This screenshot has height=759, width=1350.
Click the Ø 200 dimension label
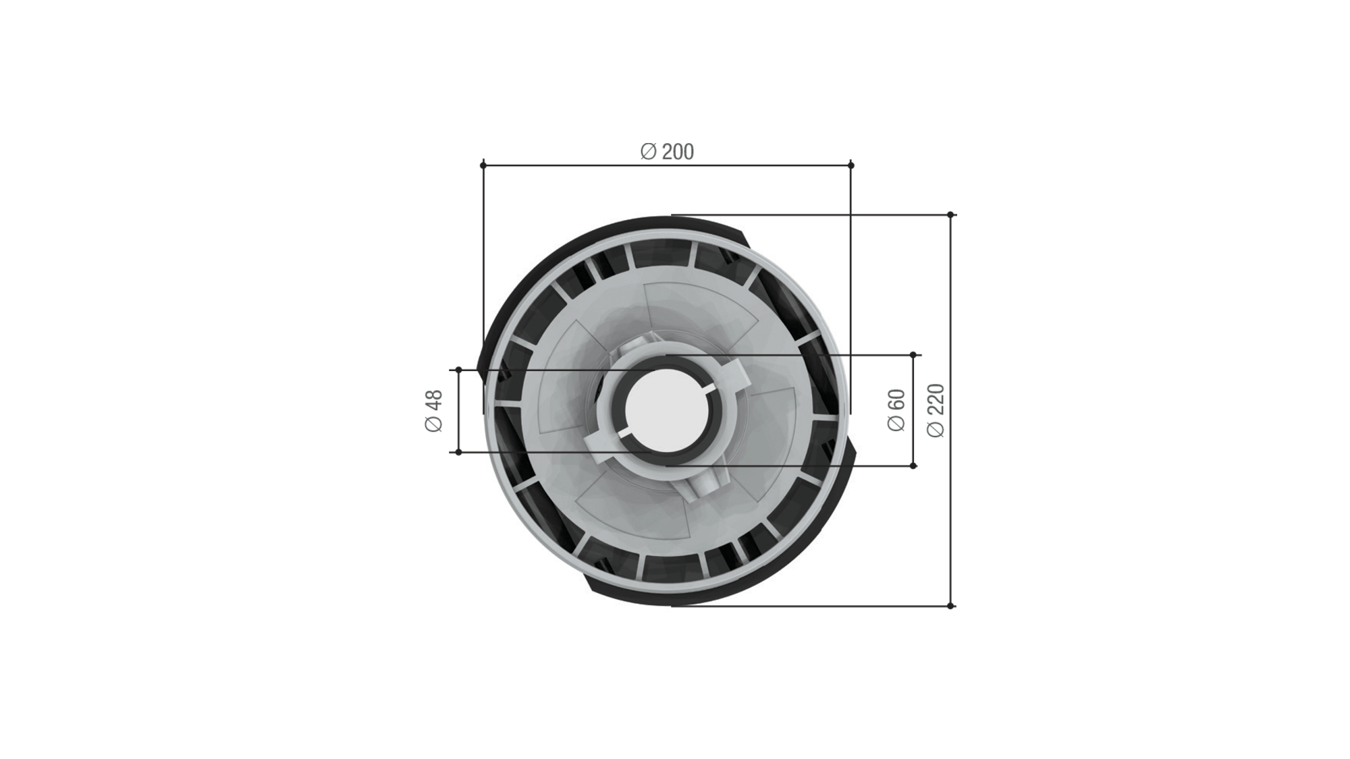[x=667, y=152]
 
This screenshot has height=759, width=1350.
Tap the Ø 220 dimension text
[x=936, y=410]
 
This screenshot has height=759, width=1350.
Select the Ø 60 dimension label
[x=896, y=410]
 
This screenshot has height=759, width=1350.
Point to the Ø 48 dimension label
[x=433, y=411]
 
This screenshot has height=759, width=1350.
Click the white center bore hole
[x=667, y=411]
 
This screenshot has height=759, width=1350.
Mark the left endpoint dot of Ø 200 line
[x=483, y=165]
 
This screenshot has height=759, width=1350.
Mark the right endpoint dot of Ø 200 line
[x=850, y=165]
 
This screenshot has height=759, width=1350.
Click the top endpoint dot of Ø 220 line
[x=950, y=215]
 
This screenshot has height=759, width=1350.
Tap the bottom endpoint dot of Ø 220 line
[x=950, y=606]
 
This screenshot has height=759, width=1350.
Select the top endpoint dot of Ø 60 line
[x=913, y=354]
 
